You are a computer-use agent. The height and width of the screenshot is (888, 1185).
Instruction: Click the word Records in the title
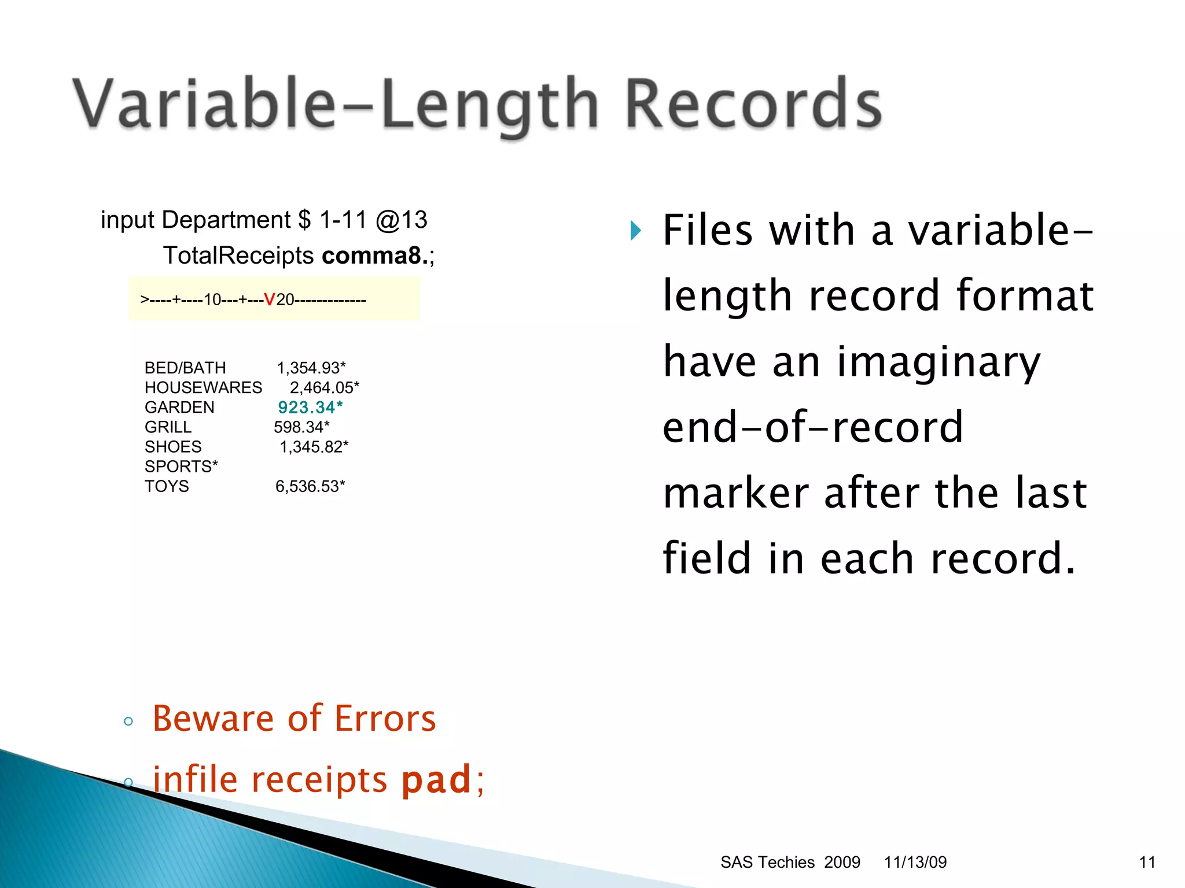coord(753,104)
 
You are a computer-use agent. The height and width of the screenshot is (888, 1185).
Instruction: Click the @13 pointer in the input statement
coord(401,220)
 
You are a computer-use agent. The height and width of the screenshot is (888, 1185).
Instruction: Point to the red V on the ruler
coord(269,299)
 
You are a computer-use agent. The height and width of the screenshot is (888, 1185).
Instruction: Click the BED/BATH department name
coord(185,368)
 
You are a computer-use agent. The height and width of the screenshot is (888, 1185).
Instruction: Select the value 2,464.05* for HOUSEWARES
coord(324,387)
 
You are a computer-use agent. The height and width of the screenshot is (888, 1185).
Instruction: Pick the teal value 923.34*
coord(310,408)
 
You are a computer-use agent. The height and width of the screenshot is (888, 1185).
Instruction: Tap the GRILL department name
coord(168,427)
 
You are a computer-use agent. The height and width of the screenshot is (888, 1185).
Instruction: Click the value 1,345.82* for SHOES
coord(314,447)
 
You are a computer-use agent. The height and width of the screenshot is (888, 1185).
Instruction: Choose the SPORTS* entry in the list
coord(181,467)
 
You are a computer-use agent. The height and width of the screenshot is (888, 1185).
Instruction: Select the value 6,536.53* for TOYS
coord(310,486)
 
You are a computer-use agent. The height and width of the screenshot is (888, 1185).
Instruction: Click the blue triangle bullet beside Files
coord(636,231)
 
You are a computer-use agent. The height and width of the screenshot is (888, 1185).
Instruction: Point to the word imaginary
coord(939,362)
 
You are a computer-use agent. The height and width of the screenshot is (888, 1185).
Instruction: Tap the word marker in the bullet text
coord(735,493)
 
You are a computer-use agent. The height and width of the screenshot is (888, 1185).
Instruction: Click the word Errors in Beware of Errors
coord(385,719)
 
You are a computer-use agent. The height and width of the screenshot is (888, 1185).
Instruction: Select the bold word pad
coord(436,779)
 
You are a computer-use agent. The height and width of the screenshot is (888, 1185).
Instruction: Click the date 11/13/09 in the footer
coord(915,862)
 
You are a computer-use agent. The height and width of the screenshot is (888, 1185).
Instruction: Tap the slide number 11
coord(1147,862)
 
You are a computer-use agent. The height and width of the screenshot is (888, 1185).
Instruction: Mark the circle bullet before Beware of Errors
coord(128,721)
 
